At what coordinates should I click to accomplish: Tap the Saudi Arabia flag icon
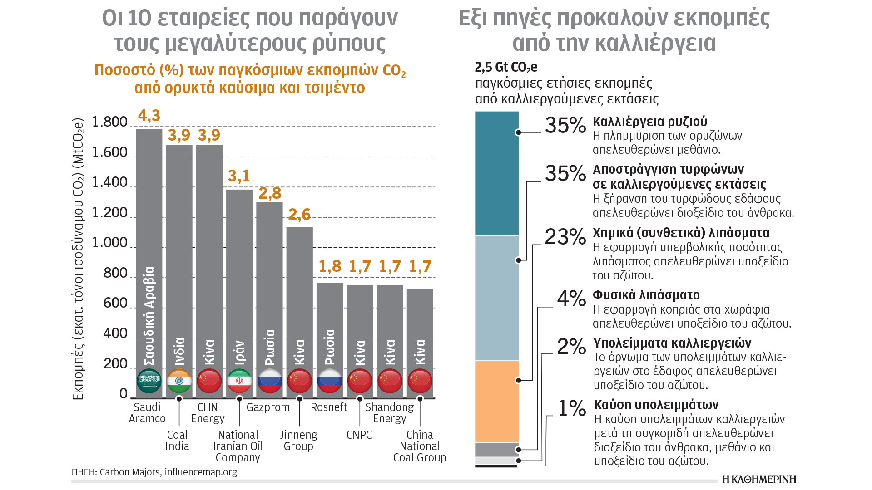pos(149,381)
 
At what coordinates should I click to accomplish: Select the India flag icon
pos(179,381)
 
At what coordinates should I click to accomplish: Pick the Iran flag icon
pos(239,381)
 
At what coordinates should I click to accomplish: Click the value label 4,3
pos(149,116)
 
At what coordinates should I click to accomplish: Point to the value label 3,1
pos(239,176)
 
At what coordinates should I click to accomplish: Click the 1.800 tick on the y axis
pos(109,122)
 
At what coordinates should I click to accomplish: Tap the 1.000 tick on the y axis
pos(109,243)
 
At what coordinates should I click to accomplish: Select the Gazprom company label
pos(268,407)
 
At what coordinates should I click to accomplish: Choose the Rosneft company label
pos(328,407)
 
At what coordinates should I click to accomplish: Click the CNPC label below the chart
pos(359,435)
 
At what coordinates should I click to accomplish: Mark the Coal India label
pos(177,441)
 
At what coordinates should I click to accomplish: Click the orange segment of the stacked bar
pos(497,402)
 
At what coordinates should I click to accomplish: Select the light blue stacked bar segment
pos(497,298)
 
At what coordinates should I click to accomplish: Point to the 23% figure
pos(565,237)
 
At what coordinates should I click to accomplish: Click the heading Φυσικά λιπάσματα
pos(646,295)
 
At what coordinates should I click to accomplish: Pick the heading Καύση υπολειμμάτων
pos(656,405)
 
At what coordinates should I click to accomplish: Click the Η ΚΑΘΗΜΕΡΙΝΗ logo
pos(759,480)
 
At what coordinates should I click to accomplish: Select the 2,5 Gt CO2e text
pos(506,68)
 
